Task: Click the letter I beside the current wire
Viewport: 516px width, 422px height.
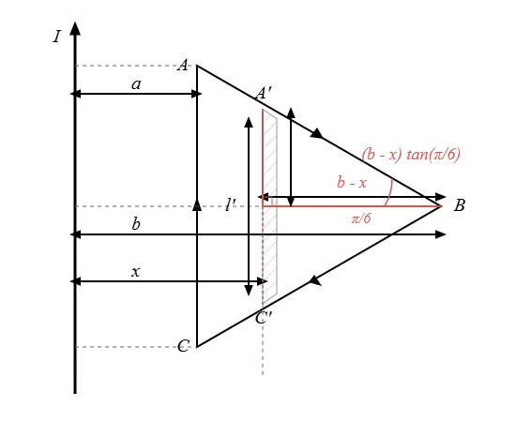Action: tap(57, 37)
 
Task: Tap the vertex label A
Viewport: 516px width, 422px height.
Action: tap(183, 65)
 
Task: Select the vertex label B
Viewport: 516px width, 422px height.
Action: tap(460, 205)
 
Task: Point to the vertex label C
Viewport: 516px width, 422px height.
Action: tap(183, 346)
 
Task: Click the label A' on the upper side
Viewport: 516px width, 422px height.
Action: tap(264, 93)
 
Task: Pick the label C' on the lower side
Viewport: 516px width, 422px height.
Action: tap(264, 318)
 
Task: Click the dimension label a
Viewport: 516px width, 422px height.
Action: tap(136, 84)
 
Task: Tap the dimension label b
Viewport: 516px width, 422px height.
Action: tap(136, 224)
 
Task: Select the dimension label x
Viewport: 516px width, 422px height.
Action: tap(136, 272)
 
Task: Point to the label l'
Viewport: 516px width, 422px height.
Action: tap(231, 205)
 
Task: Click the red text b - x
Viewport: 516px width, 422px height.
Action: tap(352, 182)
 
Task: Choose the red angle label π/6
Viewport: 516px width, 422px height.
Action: tap(361, 219)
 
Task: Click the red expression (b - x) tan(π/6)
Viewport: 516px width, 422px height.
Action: tap(411, 154)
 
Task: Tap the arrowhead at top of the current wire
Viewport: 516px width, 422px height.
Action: tap(75, 28)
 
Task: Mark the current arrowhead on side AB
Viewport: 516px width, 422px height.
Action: tap(317, 134)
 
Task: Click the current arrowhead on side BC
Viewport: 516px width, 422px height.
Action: tap(314, 280)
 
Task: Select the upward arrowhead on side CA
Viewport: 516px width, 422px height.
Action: tap(197, 204)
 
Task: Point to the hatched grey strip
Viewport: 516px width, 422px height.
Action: tap(270, 207)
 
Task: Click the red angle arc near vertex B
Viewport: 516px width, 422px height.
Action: tap(389, 192)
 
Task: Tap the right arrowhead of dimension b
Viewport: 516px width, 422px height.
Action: tap(440, 234)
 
